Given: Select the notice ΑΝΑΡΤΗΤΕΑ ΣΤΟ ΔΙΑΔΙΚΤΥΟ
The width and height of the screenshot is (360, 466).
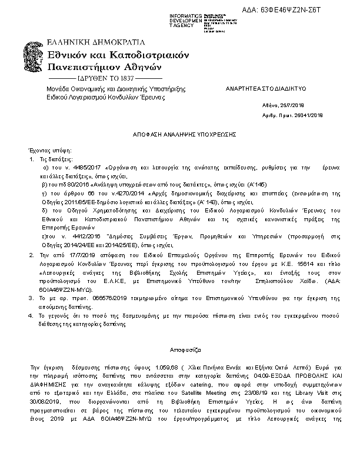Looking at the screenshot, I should point(259,88).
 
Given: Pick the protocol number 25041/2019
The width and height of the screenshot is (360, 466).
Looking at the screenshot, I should point(304,115).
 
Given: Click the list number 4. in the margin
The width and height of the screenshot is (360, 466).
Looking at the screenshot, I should point(32,316).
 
